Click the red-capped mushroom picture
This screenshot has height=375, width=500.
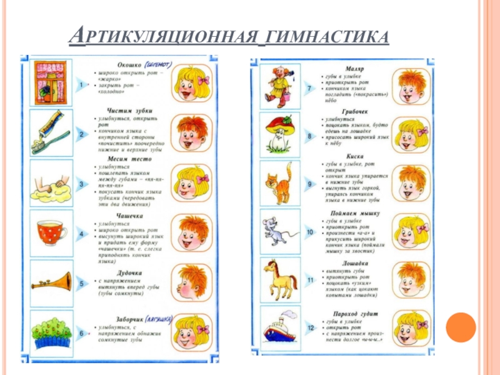point(279,133)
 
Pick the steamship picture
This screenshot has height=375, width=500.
point(279,329)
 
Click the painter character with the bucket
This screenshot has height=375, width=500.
point(277,84)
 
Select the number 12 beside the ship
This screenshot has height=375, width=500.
point(309,327)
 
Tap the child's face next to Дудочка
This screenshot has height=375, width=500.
point(190,281)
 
